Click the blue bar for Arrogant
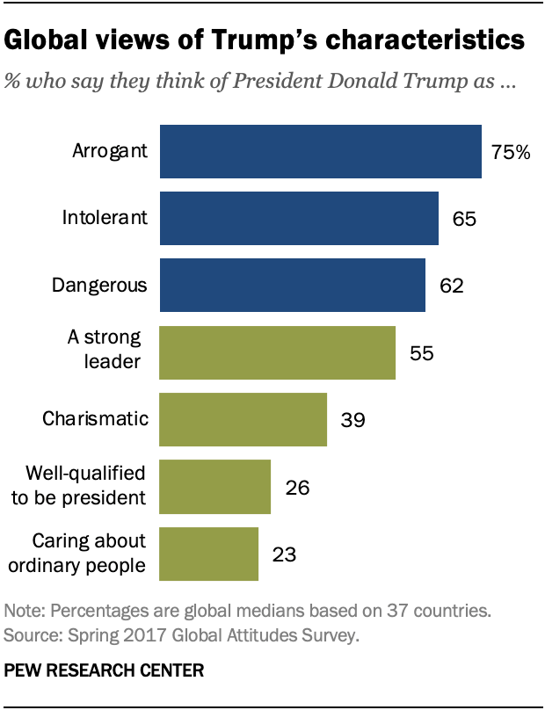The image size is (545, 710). [x=319, y=151]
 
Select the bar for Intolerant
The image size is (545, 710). [x=298, y=218]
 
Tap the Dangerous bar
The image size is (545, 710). [x=291, y=285]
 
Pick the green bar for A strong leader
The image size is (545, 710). [x=276, y=352]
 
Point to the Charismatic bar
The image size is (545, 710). [x=242, y=419]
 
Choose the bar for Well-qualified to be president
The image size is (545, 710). [x=214, y=486]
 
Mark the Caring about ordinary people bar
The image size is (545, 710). [x=207, y=554]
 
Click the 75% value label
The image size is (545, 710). [x=511, y=152]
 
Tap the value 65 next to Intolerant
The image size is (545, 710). [x=465, y=219]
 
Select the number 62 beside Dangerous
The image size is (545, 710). [x=452, y=286]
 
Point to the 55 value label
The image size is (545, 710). [x=423, y=353]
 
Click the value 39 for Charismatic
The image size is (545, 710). [x=353, y=420]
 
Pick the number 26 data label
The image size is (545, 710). [x=298, y=487]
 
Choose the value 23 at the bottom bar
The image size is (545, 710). [x=285, y=554]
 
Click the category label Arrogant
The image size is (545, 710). [x=109, y=151]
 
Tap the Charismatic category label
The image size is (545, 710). [x=94, y=419]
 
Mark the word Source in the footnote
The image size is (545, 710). [x=29, y=634]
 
